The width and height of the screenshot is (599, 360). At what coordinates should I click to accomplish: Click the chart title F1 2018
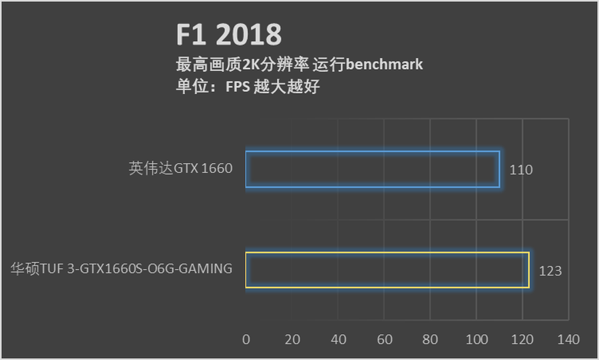228,35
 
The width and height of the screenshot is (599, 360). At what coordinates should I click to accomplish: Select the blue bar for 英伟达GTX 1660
372,169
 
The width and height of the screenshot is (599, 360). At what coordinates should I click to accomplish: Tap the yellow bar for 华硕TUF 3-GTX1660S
387,270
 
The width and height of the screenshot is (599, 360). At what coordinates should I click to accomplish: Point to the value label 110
521,170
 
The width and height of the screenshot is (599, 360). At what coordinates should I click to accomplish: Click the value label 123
550,271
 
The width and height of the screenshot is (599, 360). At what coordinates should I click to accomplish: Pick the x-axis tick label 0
246,339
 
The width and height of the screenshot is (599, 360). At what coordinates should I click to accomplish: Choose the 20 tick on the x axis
292,339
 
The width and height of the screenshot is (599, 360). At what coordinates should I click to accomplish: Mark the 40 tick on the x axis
338,339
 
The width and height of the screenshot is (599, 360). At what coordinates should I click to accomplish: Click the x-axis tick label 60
384,339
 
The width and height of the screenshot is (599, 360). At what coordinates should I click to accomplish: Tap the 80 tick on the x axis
430,339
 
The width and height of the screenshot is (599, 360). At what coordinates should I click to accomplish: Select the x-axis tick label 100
476,339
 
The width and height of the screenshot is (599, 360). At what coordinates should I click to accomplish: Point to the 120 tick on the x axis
522,339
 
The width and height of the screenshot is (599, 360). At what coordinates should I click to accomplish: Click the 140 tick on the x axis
568,339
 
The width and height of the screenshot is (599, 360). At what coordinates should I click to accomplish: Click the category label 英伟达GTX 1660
180,169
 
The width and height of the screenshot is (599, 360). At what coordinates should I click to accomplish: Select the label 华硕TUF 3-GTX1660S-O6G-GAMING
121,269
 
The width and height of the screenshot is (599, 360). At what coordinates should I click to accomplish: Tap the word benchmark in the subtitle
385,65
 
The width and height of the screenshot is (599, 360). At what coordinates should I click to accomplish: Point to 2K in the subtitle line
248,65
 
